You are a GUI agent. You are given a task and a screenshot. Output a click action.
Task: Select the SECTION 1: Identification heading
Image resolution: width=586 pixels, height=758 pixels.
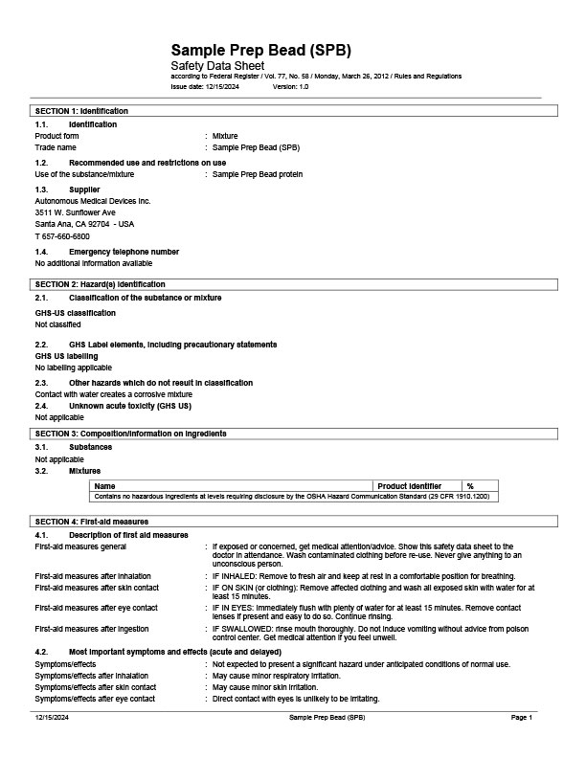[x=81, y=111]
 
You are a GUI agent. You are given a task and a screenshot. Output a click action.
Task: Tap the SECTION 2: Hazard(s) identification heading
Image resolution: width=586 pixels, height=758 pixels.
[x=100, y=284]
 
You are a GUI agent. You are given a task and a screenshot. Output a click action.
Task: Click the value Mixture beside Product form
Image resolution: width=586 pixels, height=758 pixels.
[x=225, y=136]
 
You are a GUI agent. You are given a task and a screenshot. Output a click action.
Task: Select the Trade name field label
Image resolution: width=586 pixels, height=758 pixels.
[x=56, y=148]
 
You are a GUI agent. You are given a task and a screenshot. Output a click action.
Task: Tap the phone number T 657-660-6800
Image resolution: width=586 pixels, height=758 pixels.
[x=62, y=235]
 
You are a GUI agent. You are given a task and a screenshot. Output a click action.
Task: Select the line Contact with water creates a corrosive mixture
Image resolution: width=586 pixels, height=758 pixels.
[x=114, y=394]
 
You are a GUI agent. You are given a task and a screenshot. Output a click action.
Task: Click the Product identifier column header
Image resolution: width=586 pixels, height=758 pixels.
[x=411, y=486]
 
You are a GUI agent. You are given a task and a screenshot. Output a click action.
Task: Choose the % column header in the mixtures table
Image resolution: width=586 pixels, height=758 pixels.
[x=470, y=486]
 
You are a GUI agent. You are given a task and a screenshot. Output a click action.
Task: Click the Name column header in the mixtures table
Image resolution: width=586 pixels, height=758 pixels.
[x=107, y=486]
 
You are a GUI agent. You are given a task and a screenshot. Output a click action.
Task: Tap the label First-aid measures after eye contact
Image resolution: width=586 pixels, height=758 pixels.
[x=97, y=608]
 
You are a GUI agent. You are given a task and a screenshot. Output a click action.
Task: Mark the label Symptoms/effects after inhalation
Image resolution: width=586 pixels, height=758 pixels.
[x=94, y=676]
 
